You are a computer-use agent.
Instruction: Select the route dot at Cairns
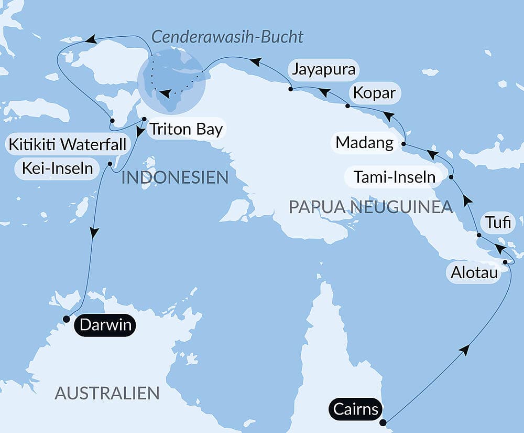[383, 423]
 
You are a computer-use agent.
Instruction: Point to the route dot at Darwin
[66, 319]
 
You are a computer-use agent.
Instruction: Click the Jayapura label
[323, 69]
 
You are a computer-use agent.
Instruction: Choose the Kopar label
[374, 94]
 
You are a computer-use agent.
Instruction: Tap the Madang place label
[364, 142]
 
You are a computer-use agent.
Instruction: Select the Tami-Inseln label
[395, 177]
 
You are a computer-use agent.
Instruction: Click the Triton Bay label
[186, 129]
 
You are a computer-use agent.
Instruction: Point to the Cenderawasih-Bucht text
[227, 37]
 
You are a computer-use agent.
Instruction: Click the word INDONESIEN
[174, 177]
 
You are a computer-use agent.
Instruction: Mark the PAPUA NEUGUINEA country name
[370, 207]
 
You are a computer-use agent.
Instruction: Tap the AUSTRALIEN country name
[107, 393]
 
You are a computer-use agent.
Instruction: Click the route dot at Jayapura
[290, 89]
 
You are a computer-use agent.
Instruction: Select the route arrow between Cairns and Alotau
[464, 350]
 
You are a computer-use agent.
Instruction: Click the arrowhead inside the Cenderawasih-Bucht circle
[165, 94]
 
